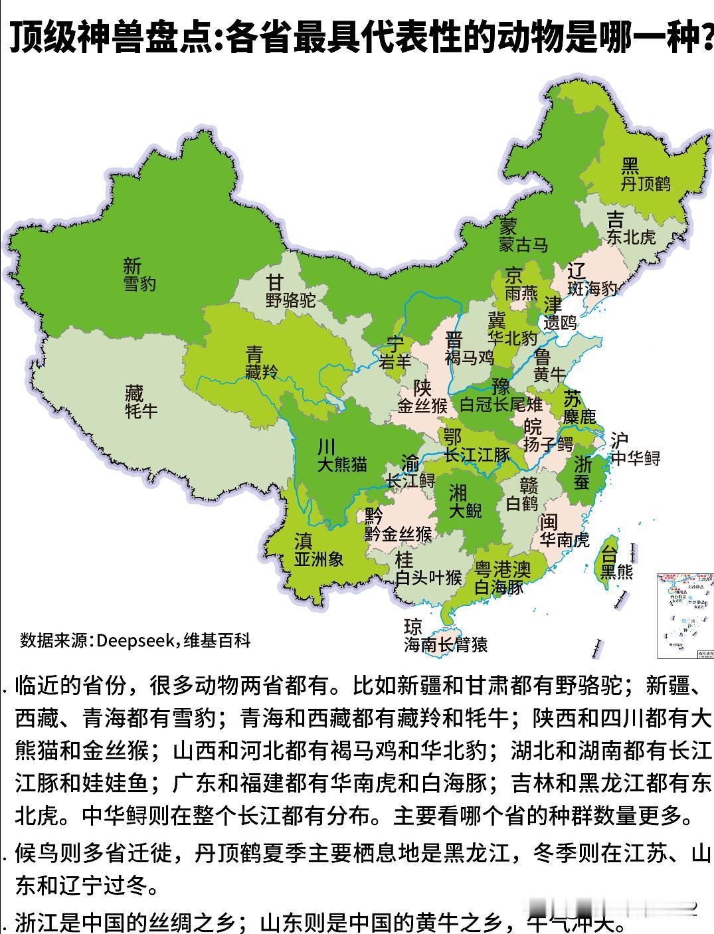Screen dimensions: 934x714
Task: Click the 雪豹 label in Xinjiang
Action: point(139,284)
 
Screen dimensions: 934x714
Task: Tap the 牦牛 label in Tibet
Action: point(141,411)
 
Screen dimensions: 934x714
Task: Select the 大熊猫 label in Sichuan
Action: point(341,464)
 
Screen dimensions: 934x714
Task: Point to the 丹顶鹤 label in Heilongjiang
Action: point(646,184)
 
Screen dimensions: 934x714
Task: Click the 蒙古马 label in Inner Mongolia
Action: point(523,244)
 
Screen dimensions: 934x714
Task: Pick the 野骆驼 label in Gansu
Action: point(290,300)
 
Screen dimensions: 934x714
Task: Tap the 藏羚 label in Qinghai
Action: point(261,372)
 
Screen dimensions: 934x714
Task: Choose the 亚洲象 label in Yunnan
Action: point(319,559)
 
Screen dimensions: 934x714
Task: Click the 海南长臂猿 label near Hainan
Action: point(446,644)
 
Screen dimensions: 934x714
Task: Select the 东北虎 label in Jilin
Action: point(631,236)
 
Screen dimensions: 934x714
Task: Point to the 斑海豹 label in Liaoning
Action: point(592,288)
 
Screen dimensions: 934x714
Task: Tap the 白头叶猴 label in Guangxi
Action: point(428,577)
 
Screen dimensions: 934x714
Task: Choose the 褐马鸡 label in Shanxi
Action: point(470,357)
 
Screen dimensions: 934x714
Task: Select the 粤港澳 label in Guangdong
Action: point(502,569)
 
